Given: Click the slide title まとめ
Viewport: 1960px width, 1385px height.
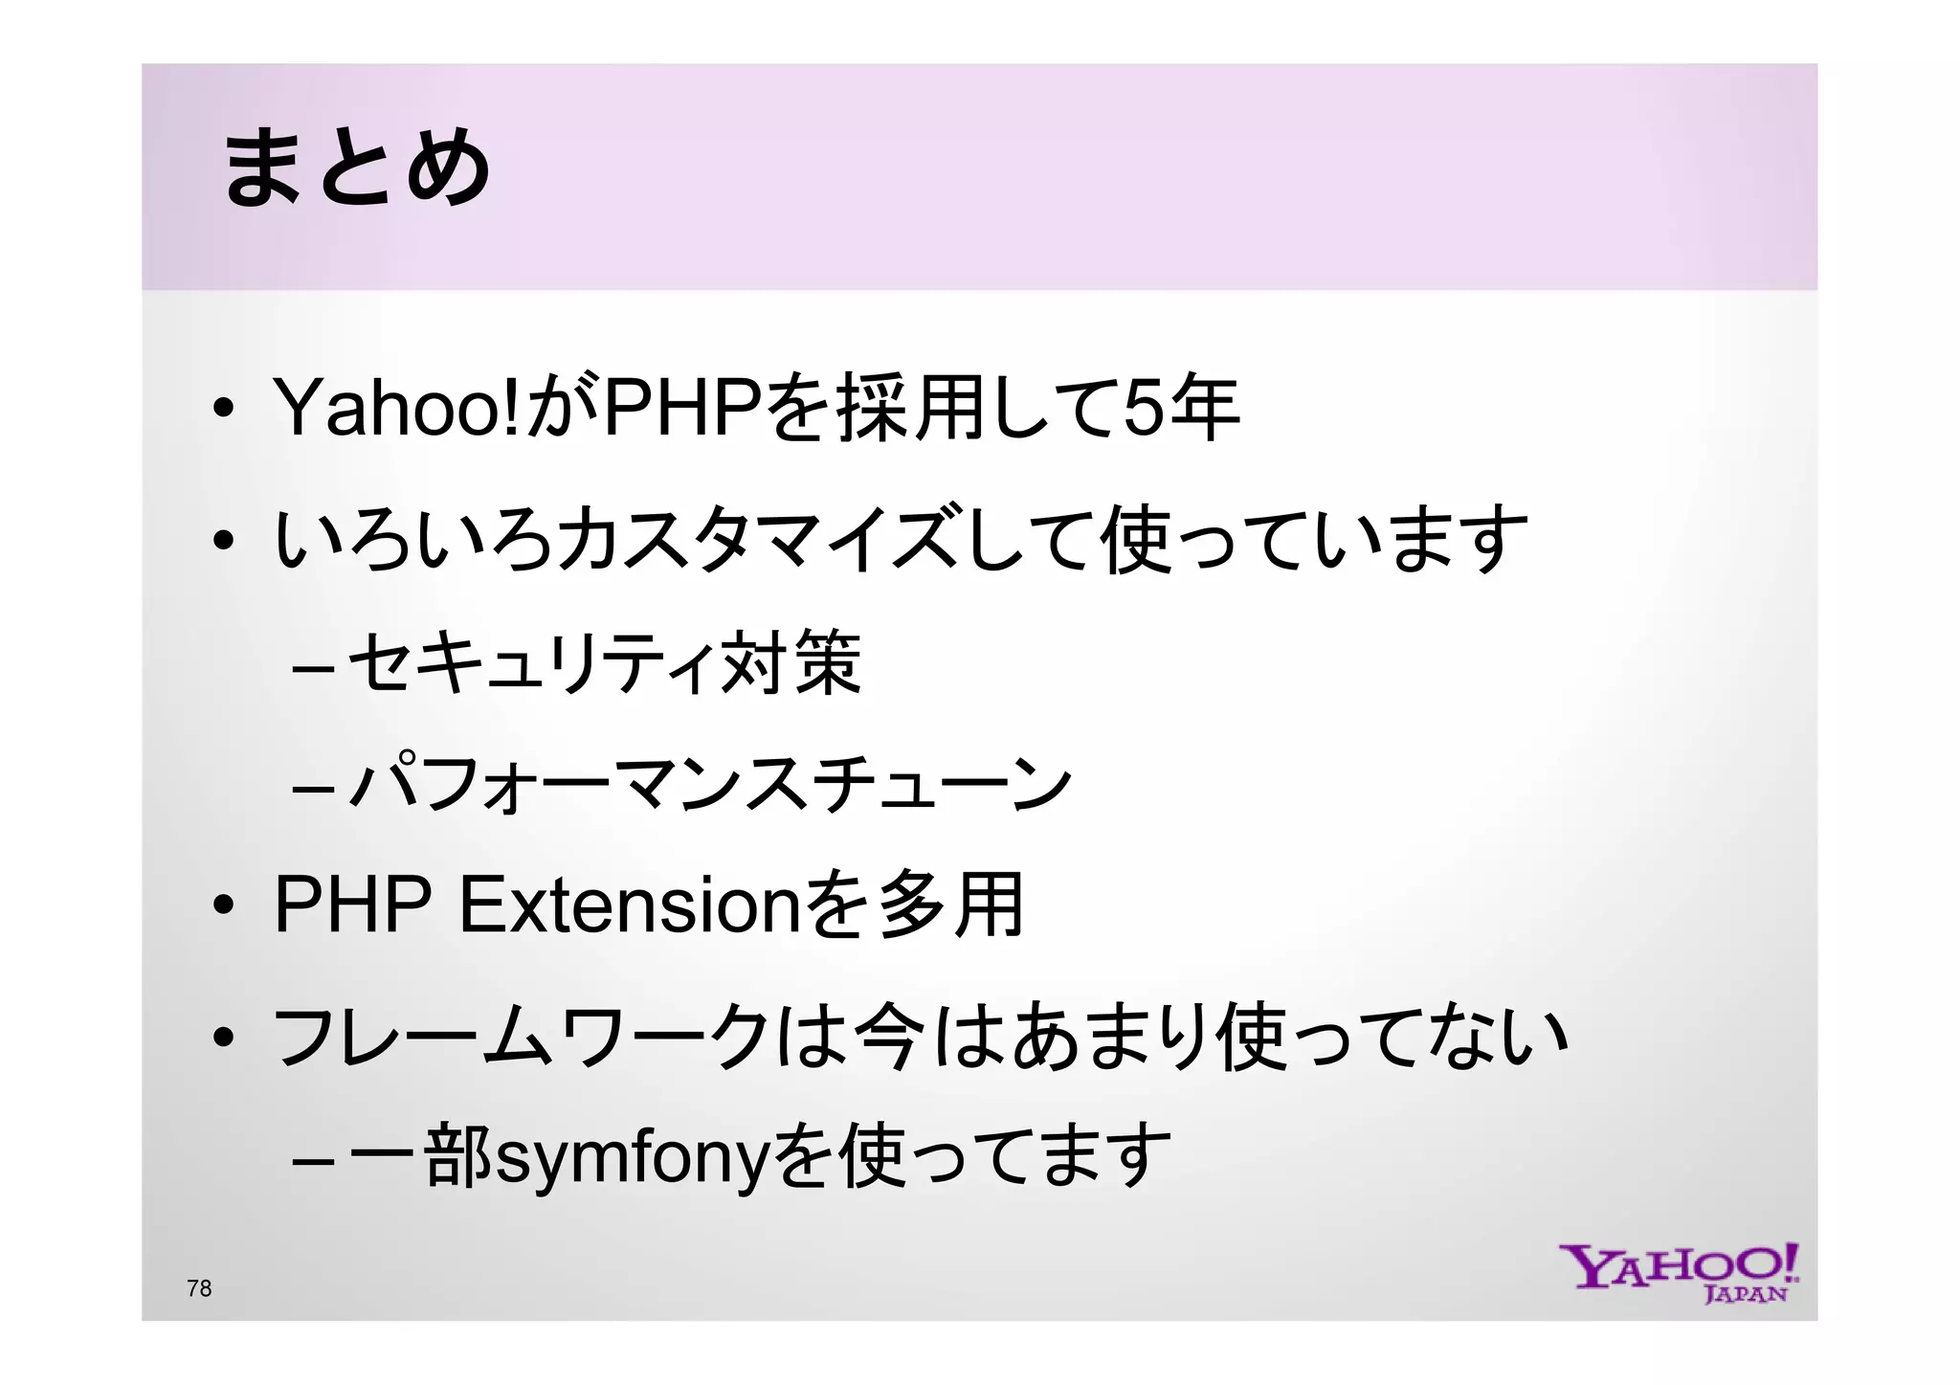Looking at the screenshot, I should point(356,168).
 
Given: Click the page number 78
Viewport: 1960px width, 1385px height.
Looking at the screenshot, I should point(199,1288).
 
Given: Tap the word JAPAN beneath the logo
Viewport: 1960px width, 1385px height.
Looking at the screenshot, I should point(1746,1294).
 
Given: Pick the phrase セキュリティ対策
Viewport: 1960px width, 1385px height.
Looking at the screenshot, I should point(603,662).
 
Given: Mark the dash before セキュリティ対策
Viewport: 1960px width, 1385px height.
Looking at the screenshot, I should point(313,666).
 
